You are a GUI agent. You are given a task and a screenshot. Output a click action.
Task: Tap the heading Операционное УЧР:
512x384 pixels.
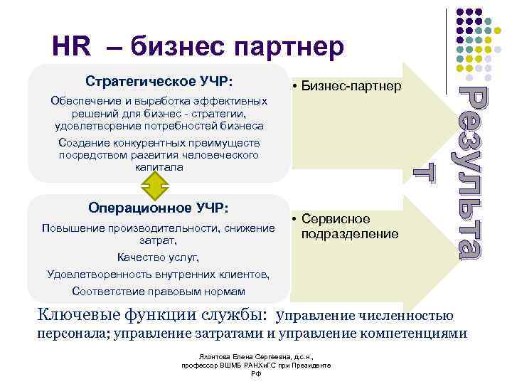(159, 208)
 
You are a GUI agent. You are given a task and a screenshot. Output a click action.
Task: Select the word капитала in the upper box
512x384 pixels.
(159, 167)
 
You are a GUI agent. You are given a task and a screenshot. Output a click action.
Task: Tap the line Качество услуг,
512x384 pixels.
(159, 257)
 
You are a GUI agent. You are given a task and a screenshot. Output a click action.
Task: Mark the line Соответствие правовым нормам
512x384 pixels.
(159, 292)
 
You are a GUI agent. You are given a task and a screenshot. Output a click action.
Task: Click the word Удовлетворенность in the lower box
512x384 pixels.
(93, 274)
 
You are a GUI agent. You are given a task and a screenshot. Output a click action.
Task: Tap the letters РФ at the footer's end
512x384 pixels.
(257, 374)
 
